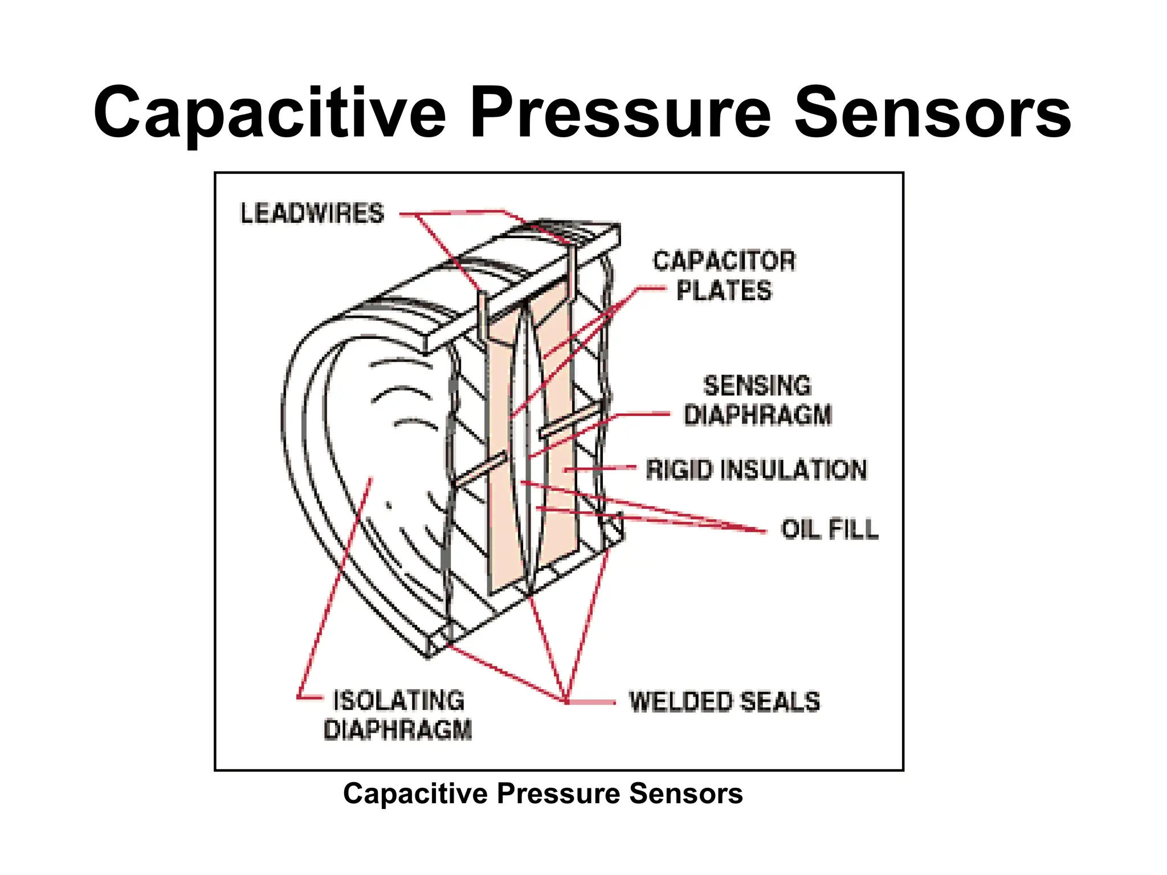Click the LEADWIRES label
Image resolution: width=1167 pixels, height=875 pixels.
tap(312, 214)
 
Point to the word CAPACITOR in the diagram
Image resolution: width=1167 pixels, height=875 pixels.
tap(724, 261)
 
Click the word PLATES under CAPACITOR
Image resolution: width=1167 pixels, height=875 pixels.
tap(724, 291)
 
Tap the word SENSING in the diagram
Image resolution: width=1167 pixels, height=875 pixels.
tap(757, 386)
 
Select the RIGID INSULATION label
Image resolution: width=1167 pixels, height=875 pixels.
tap(756, 470)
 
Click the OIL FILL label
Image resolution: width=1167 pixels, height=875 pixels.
tap(829, 529)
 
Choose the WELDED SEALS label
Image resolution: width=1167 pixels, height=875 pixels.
tap(724, 701)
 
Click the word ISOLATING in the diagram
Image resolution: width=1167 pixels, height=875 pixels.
tap(398, 701)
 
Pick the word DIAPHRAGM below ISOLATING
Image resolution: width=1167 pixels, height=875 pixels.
tap(398, 730)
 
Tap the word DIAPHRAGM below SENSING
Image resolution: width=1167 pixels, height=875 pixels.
tap(758, 414)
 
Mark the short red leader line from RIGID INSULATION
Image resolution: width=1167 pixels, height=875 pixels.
tap(601, 468)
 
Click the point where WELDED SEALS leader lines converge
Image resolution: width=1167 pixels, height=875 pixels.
tap(566, 701)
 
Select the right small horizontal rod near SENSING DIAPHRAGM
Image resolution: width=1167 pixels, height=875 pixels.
tap(570, 420)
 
